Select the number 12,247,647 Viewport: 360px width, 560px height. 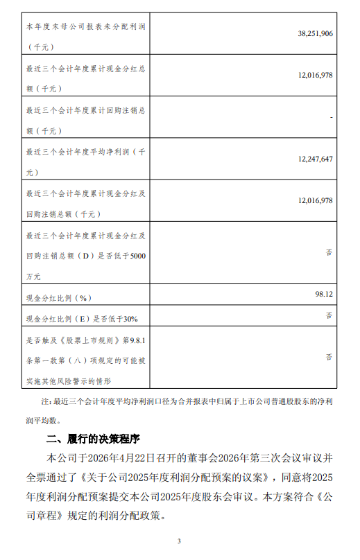click(314, 159)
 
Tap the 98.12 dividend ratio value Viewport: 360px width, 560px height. click(324, 294)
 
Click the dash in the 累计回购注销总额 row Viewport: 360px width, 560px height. click(332, 118)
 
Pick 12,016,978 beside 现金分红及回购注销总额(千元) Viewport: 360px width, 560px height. click(314, 200)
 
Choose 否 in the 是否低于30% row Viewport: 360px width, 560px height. click(329, 315)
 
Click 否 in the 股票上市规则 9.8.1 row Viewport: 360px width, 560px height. click(329, 358)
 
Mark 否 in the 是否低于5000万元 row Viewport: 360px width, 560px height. click(329, 253)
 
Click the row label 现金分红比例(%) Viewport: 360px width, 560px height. click(59, 299)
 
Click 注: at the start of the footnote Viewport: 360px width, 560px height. click(46, 402)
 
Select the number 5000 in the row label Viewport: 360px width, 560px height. click(138, 256)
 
